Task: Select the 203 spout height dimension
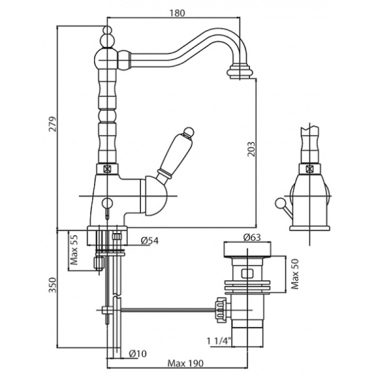pyautogui.click(x=251, y=149)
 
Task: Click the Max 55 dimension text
pyautogui.click(x=74, y=249)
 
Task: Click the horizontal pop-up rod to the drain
pyautogui.click(x=169, y=308)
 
